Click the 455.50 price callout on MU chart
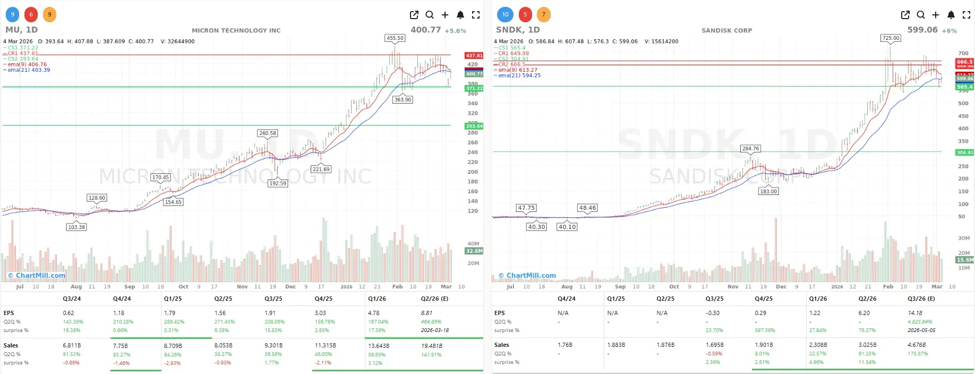pos(395,38)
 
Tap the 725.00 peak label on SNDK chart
pos(891,38)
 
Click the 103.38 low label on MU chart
pos(76,227)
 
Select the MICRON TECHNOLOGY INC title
pos(236,31)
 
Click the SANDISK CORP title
pos(726,31)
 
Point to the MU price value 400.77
pos(425,30)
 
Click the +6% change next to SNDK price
pos(949,31)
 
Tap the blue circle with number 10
pos(505,14)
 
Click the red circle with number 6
pos(31,14)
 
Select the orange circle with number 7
pos(543,14)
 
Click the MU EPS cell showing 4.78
pos(373,313)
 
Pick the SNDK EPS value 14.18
pos(915,313)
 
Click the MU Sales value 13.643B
pos(379,346)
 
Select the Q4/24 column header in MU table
pos(122,299)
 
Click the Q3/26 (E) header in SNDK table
pos(921,299)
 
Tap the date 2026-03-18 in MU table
pos(434,330)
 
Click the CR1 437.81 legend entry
pos(22,53)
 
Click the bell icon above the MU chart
pos(460,15)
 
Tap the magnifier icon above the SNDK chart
pos(920,15)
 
